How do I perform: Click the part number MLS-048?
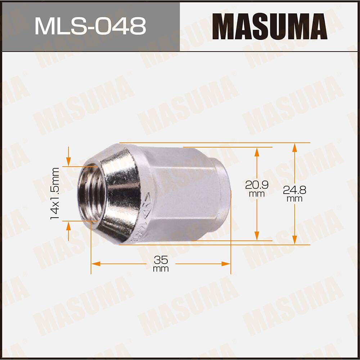point(90,26)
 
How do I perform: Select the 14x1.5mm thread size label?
point(55,194)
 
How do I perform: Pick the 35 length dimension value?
point(161,260)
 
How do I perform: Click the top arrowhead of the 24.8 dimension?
point(294,147)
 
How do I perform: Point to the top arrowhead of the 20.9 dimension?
point(257,151)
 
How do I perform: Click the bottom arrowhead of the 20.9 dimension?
point(257,236)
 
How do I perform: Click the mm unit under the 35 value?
point(161,269)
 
